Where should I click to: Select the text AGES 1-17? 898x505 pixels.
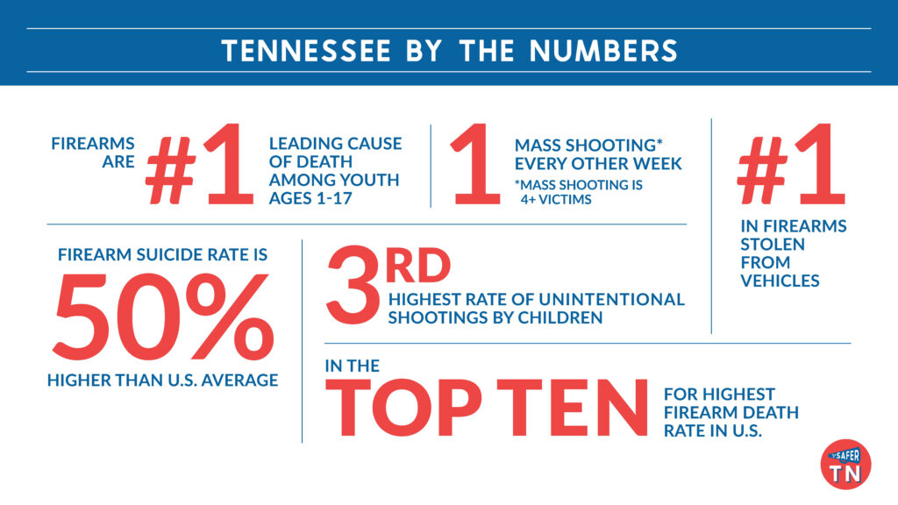308,198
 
